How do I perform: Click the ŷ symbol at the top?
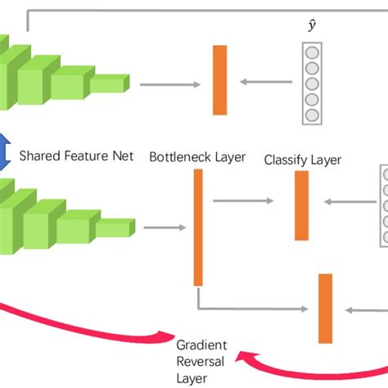point(312,27)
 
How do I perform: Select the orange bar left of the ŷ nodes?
point(219,80)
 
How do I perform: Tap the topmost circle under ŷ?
point(312,52)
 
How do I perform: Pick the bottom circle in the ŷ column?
point(312,115)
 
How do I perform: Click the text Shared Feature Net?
point(76,155)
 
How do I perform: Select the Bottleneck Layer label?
point(196,156)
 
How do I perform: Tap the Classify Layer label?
point(302,160)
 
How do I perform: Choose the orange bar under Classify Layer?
point(301,205)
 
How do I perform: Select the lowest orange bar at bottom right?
point(325,307)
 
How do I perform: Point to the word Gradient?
point(201,345)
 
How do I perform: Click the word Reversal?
point(201,362)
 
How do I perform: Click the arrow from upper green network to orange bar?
point(170,83)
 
